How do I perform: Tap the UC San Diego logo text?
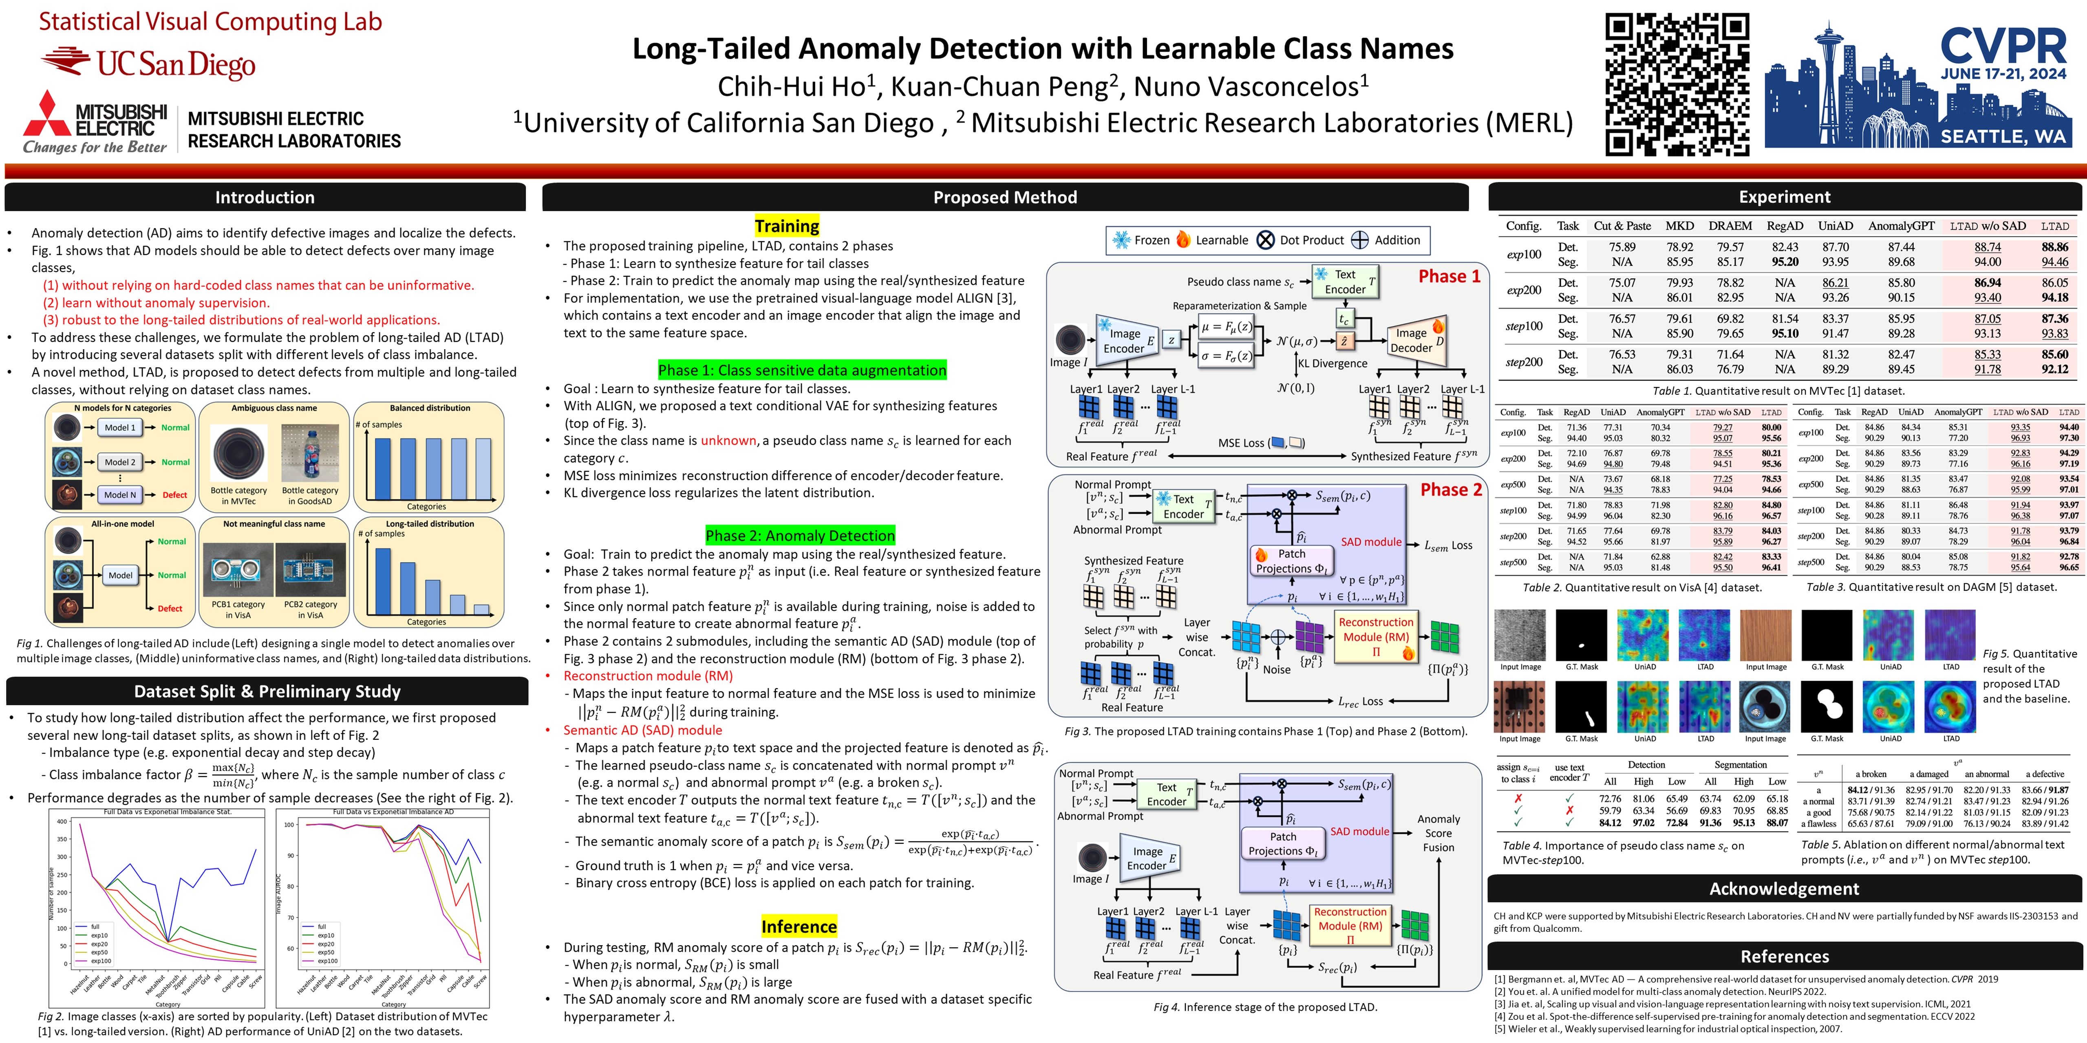click(x=176, y=64)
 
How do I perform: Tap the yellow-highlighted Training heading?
click(x=787, y=226)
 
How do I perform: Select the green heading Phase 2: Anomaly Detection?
click(x=800, y=535)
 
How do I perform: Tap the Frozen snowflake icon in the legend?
click(x=1121, y=240)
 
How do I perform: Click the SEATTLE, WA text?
click(x=2003, y=136)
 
